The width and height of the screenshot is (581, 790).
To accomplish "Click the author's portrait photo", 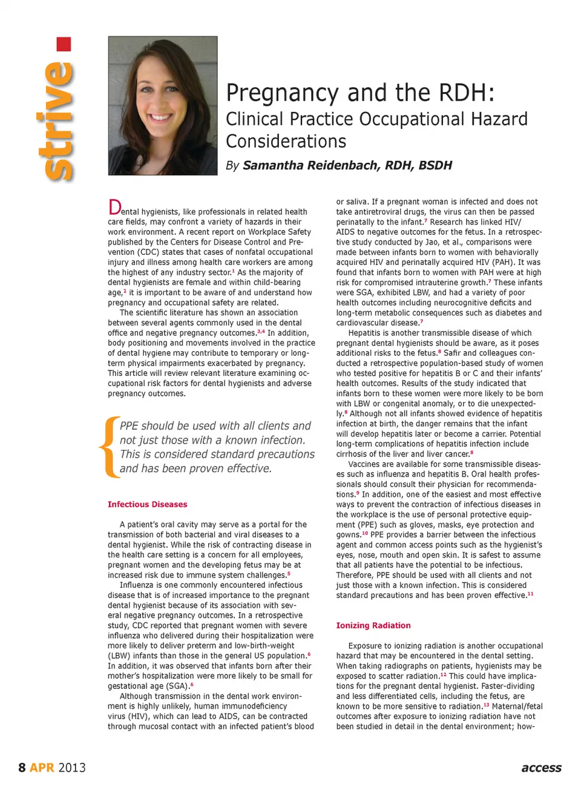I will pos(162,105).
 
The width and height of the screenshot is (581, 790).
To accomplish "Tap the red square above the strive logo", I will pos(64,44).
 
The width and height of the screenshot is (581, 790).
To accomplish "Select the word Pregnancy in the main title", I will pos(282,93).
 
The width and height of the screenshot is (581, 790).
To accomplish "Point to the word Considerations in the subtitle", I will pos(286,141).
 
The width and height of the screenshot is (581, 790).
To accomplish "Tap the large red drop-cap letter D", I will pos(114,208).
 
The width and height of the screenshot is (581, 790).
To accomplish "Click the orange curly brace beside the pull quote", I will pos(108,447).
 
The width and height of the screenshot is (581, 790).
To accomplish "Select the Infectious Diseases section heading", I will pos(147,504).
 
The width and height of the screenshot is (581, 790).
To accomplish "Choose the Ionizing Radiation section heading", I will pos(373,625).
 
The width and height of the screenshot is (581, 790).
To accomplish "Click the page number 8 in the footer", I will pos(22,768).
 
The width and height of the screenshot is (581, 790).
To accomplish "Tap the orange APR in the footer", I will pos(42,768).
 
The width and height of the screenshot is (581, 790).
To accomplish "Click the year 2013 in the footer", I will pos(72,768).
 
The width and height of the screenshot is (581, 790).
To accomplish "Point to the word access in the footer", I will pos(541,768).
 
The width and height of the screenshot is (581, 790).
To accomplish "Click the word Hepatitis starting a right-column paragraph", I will pos(366,333).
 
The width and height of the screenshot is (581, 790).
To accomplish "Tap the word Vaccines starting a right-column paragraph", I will pos(364,464).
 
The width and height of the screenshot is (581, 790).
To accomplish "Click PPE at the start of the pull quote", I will pos(130,426).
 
